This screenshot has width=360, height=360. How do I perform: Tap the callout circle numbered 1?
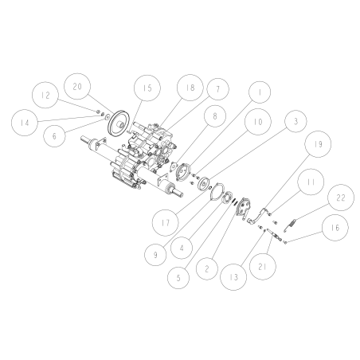coord(256,92)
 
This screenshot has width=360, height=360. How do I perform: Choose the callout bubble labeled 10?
coord(257,123)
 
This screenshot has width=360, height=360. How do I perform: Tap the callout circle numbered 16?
coord(332,229)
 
